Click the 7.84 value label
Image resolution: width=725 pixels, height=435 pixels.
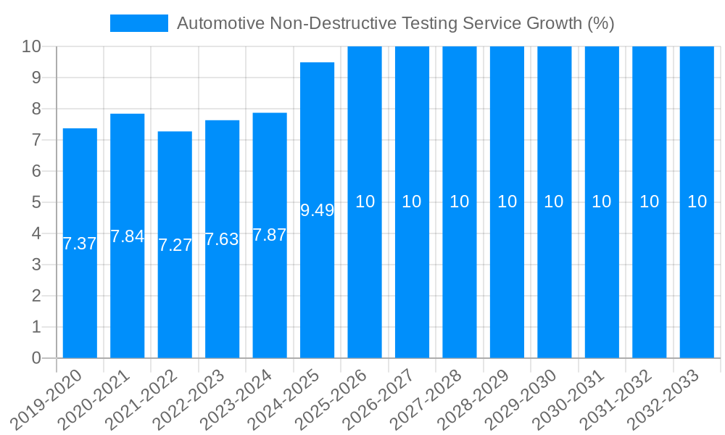pos(128,236)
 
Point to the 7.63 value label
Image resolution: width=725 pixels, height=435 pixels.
pos(222,239)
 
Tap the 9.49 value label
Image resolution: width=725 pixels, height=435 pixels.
pos(317,210)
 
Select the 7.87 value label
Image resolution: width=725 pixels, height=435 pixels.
pos(270,235)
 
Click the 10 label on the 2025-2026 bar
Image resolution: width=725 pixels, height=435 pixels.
pos(365,202)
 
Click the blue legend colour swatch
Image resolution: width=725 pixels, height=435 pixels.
pos(138,23)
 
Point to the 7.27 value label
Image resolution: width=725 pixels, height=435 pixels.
pos(175,245)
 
